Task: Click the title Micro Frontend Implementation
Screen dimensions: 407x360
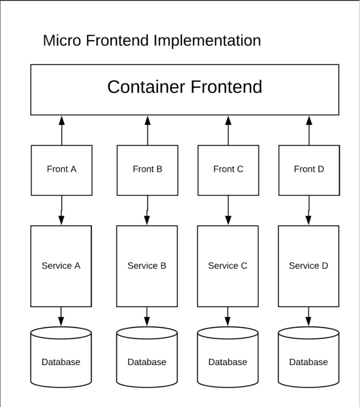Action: click(x=152, y=41)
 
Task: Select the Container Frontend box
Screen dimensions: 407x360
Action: click(x=185, y=89)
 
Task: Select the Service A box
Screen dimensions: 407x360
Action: click(x=61, y=266)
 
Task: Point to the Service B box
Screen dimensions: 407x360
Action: click(x=147, y=266)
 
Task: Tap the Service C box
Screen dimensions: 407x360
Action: click(x=228, y=266)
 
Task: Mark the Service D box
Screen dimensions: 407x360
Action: click(x=308, y=266)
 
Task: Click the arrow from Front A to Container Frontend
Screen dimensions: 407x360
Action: click(x=62, y=130)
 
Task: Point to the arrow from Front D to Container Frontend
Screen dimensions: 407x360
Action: click(x=309, y=130)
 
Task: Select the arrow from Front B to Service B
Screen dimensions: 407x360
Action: click(x=147, y=210)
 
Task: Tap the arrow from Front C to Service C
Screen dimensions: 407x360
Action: click(x=228, y=210)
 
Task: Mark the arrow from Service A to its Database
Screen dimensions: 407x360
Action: click(x=61, y=316)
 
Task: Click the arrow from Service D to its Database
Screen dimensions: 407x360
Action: click(x=308, y=316)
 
